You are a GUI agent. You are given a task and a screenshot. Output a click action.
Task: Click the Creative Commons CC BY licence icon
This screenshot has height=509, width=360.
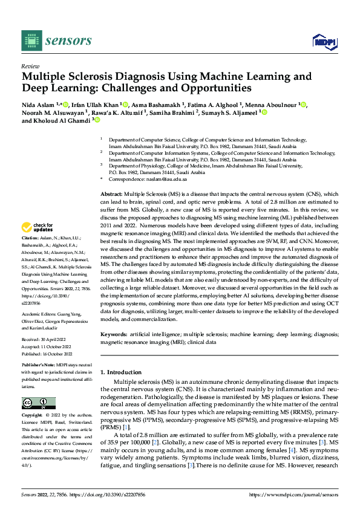[x=39, y=403]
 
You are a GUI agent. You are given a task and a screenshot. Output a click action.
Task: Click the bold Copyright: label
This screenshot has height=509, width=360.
[x=33, y=416]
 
